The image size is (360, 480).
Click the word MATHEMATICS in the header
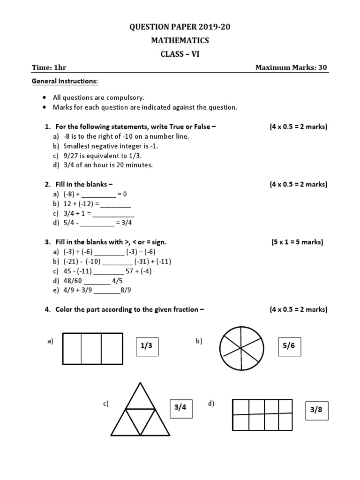click(180, 41)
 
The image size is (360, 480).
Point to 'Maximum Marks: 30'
click(291, 67)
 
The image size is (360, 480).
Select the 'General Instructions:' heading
click(65, 82)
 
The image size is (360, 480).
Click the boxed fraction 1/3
click(147, 346)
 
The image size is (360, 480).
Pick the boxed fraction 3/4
click(180, 407)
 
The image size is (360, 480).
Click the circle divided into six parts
click(241, 349)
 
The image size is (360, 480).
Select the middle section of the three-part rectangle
click(92, 348)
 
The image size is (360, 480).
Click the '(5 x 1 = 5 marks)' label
click(298, 242)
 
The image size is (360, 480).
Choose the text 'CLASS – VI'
click(180, 54)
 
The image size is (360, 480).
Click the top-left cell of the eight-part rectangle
click(241, 407)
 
